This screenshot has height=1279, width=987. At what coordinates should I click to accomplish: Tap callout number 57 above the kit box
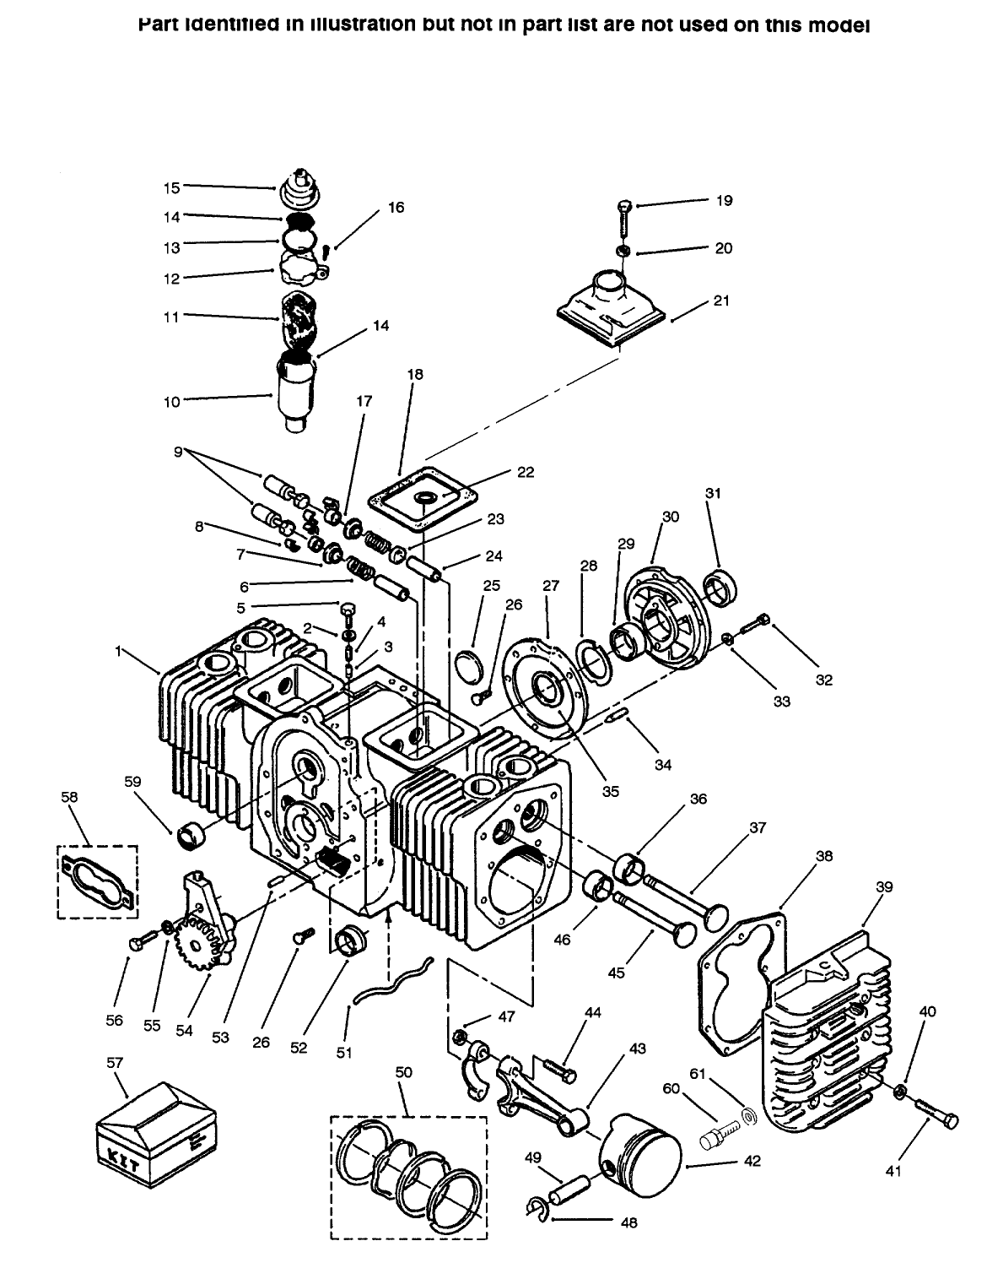(115, 1064)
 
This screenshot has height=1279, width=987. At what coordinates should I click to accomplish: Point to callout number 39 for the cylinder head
(883, 887)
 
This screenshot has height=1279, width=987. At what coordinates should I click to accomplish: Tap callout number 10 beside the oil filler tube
(171, 402)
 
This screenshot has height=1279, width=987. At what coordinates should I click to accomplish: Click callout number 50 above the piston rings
(403, 1071)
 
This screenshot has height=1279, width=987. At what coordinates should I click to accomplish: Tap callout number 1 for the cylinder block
(119, 651)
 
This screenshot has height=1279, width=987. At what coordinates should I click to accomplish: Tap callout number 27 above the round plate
(551, 585)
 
